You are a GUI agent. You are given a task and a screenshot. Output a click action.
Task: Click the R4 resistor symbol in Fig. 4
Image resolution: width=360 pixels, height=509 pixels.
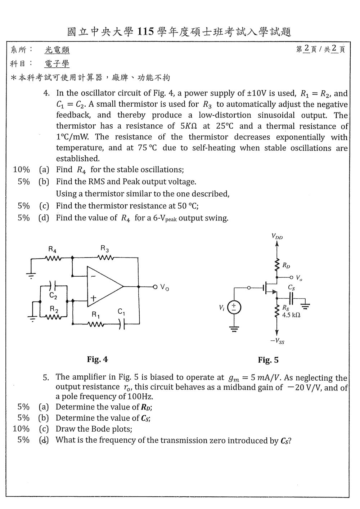(53, 258)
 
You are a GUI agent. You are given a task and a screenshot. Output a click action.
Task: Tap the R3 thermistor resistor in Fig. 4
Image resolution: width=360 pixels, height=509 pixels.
(106, 258)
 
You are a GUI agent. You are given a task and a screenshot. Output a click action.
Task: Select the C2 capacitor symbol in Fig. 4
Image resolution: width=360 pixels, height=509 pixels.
(53, 286)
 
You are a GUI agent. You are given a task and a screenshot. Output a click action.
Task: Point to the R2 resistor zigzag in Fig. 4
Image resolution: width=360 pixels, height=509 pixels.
(53, 317)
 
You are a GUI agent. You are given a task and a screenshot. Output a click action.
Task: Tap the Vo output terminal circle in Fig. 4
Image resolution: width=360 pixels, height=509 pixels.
(155, 287)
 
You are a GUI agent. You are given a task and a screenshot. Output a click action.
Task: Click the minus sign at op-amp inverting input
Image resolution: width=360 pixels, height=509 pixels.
(93, 276)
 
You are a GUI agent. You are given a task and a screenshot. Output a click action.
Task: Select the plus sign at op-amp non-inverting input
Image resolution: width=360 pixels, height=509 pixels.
(93, 298)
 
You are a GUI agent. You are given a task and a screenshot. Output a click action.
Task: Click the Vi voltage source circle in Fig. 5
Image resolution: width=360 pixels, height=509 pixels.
(234, 308)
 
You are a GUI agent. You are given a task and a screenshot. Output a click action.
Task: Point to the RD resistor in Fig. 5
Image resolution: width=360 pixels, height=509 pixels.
(277, 265)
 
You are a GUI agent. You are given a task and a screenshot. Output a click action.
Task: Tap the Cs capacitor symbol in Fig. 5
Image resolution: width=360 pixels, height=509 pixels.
(291, 298)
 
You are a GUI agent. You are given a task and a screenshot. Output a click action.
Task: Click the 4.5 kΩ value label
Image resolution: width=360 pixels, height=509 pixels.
(291, 315)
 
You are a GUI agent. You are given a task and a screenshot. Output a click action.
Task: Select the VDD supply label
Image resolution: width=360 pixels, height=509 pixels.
(277, 236)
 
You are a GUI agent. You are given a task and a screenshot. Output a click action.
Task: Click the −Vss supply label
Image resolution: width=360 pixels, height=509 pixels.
(277, 341)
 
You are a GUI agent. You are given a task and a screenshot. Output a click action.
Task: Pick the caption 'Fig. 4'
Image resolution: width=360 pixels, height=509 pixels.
(98, 359)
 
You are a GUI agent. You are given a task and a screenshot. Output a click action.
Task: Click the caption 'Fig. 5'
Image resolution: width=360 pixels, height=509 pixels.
(268, 360)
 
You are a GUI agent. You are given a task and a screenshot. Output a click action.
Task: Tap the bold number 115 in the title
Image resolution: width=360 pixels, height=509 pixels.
(146, 31)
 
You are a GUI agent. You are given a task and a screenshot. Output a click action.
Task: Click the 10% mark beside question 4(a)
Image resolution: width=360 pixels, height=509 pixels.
(21, 170)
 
